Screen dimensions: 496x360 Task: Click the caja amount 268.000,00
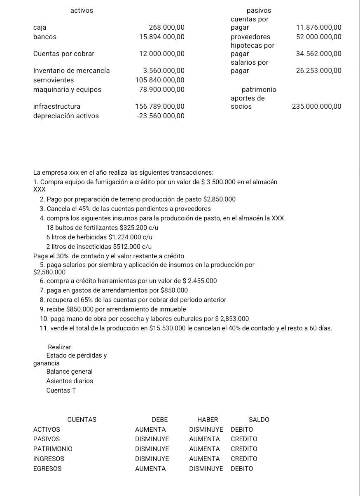[x=166, y=28]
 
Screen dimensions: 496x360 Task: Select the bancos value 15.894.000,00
[x=162, y=37]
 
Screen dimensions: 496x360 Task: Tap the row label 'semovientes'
[x=54, y=80]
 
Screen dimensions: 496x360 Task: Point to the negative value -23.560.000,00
[x=160, y=116]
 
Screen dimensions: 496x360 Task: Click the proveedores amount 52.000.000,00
[x=318, y=37]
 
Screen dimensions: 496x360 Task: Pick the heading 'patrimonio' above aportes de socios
[x=259, y=89]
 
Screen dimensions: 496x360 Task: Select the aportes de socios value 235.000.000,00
[x=316, y=107]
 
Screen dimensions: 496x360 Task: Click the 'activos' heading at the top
[x=82, y=10]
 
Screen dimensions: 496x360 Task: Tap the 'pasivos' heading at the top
[x=259, y=10]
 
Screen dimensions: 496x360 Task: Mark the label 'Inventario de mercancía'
[x=71, y=70]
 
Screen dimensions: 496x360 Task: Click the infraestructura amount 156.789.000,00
[x=160, y=107]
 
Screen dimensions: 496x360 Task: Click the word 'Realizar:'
[x=61, y=348]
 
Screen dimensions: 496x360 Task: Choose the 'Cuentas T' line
[x=61, y=391]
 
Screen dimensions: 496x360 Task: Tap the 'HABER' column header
[x=208, y=420]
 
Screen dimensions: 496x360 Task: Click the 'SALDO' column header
[x=259, y=420]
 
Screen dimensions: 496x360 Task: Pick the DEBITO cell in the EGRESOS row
[x=242, y=469]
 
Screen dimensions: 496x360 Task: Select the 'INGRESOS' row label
[x=49, y=459]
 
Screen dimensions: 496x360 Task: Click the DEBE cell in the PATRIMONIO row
[x=152, y=449]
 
